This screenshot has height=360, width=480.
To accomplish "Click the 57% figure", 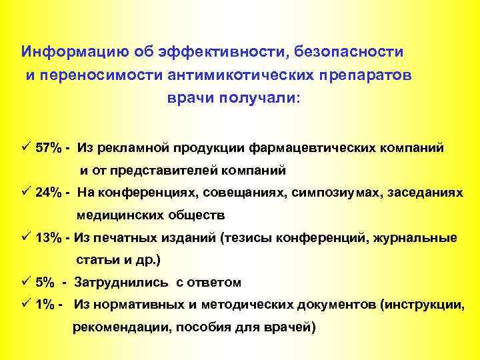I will (49, 147).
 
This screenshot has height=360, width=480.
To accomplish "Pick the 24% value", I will (49, 193).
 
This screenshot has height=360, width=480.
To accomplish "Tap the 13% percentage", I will (49, 238).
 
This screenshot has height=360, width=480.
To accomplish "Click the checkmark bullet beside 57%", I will (25, 147).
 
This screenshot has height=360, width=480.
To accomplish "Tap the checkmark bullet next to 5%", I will (25, 282).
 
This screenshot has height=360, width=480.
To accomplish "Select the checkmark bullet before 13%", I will (25, 237).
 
